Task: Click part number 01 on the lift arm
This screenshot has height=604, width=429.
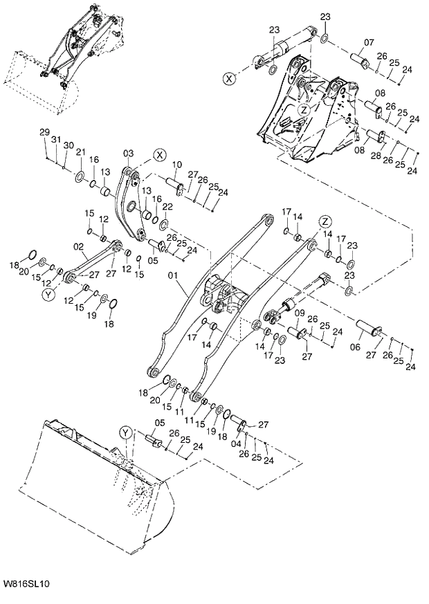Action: point(174,274)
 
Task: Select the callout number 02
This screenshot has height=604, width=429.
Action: point(77,246)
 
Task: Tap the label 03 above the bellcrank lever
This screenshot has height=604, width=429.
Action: point(128,152)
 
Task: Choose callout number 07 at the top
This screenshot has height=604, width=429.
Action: point(369,42)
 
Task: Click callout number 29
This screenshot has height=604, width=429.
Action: point(44,132)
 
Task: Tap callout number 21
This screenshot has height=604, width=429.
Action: point(80,152)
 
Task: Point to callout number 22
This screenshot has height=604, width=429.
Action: point(166,206)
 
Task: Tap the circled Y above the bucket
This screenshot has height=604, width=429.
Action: point(125,432)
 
